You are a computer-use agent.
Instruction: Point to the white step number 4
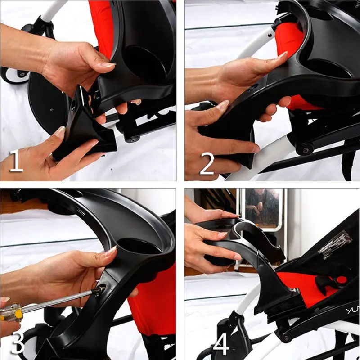221,344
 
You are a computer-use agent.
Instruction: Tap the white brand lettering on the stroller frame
351,310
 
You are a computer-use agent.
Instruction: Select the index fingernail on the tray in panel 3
111,252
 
